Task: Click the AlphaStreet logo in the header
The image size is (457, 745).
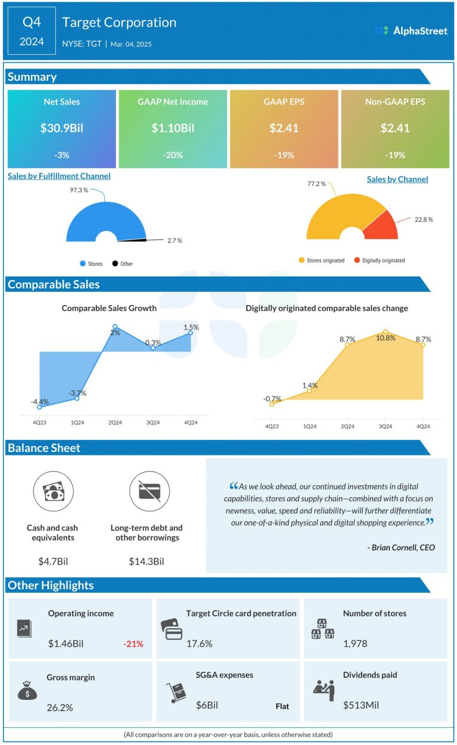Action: click(411, 30)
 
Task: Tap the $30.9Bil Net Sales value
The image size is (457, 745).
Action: click(61, 128)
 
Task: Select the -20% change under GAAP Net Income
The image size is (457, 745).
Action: click(173, 155)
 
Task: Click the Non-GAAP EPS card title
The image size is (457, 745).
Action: click(395, 102)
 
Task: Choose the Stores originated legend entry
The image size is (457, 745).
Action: click(321, 260)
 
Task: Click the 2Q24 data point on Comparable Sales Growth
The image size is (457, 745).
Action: click(115, 326)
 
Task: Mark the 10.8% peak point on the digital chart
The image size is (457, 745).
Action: click(385, 331)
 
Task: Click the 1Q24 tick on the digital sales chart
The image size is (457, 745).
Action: click(309, 426)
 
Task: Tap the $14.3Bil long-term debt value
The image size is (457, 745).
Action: click(146, 561)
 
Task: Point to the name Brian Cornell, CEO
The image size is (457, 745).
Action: click(401, 547)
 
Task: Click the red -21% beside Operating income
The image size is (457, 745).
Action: click(133, 643)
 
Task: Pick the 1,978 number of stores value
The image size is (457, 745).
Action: click(356, 643)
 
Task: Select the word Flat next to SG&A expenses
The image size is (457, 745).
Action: click(282, 706)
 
